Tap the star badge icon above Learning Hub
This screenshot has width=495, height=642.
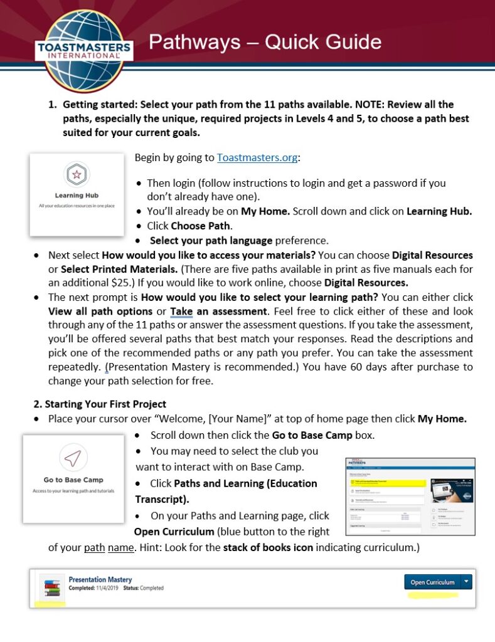point(77,174)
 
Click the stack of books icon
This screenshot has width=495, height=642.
point(49,587)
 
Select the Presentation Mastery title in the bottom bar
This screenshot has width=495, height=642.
point(100,580)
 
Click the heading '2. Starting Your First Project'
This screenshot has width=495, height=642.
point(100,404)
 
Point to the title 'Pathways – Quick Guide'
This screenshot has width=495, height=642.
point(265,42)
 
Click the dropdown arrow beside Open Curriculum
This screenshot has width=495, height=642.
point(466,582)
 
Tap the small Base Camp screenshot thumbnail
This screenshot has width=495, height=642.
point(410,497)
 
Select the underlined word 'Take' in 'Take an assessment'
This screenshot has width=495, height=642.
point(181,311)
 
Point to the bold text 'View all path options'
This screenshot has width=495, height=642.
point(100,311)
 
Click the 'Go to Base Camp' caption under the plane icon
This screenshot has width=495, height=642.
point(73,480)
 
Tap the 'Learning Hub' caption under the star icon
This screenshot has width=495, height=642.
point(77,196)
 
